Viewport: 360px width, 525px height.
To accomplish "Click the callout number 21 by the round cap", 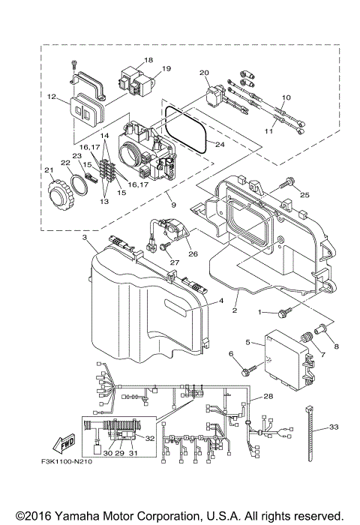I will pyautogui.click(x=49, y=171).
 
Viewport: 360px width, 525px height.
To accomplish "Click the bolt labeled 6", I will pyautogui.click(x=247, y=368).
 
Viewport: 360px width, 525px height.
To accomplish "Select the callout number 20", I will pyautogui.click(x=203, y=73).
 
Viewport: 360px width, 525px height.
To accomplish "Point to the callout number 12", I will pyautogui.click(x=52, y=96).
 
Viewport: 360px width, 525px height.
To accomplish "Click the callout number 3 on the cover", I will pyautogui.click(x=85, y=237).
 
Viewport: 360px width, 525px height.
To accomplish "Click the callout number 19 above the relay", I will pyautogui.click(x=166, y=69).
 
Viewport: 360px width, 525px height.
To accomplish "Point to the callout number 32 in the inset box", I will pyautogui.click(x=150, y=437).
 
